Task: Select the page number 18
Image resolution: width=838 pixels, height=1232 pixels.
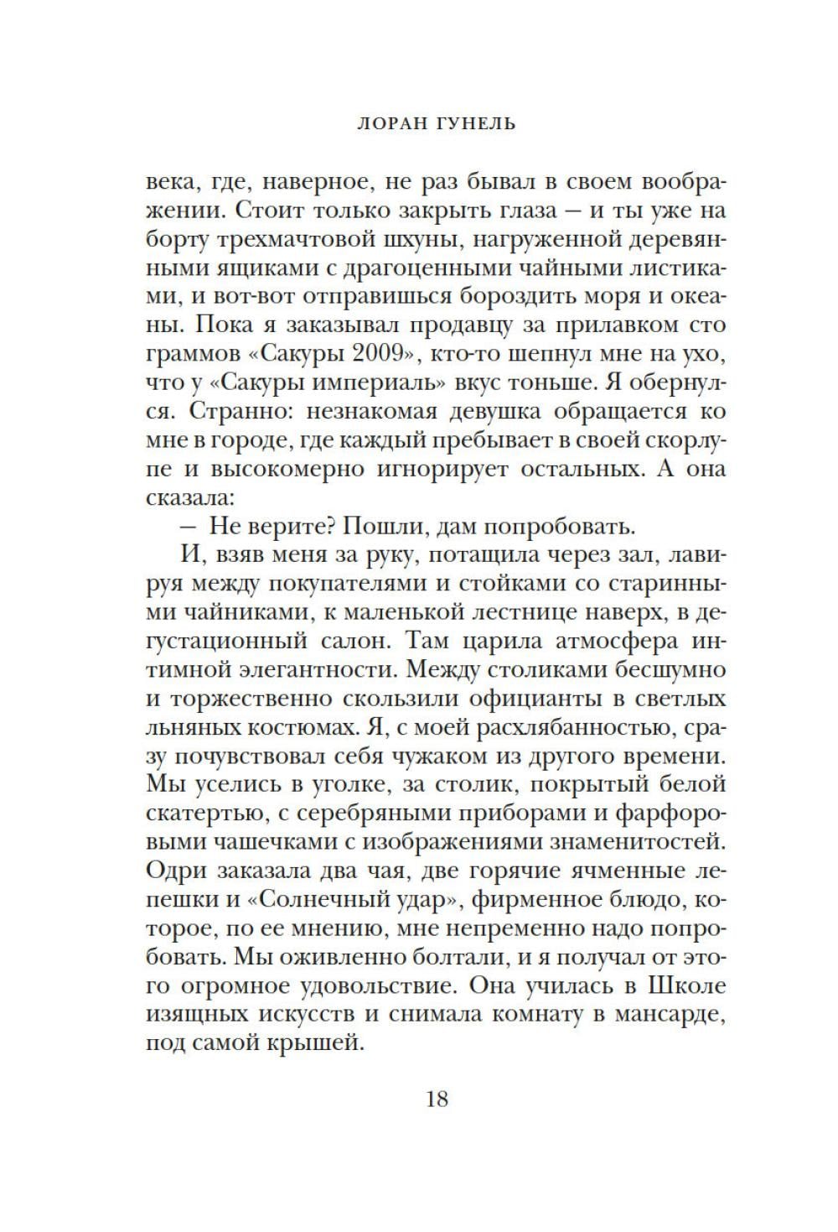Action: coord(437,1098)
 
